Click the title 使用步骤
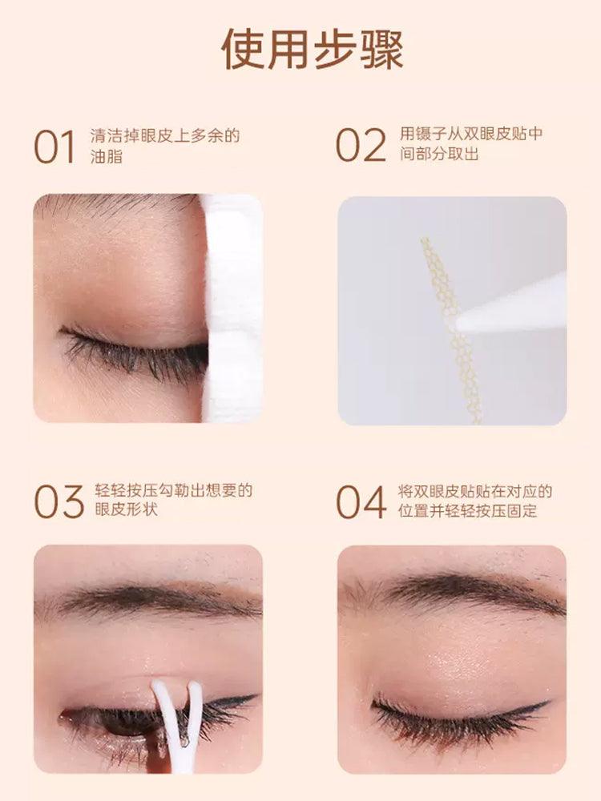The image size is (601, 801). tap(313, 50)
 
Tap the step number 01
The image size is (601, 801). tap(54, 147)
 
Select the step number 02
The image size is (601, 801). tap(361, 146)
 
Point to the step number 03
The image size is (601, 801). tap(58, 501)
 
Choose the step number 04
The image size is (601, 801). tap(361, 501)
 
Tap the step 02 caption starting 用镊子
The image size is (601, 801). tap(470, 144)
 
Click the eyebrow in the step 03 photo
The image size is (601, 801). tap(152, 601)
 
